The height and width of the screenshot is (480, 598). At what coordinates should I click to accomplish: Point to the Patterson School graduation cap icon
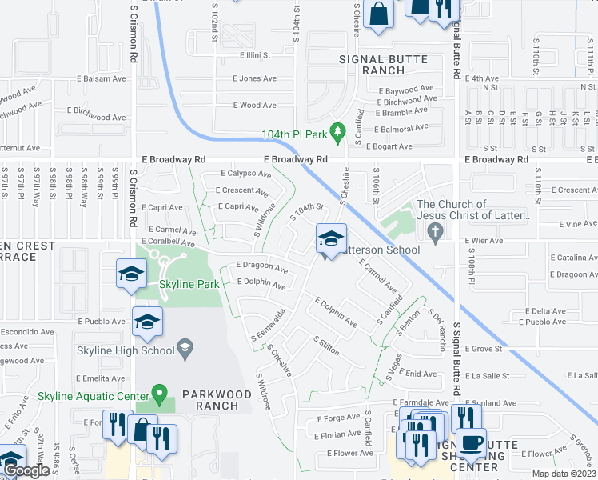pyautogui.click(x=331, y=238)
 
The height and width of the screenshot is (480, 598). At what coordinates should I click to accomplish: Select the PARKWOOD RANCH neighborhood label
pyautogui.click(x=210, y=399)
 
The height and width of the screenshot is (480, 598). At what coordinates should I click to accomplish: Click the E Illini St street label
pyautogui.click(x=256, y=56)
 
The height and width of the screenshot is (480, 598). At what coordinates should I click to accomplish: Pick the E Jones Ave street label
pyautogui.click(x=254, y=78)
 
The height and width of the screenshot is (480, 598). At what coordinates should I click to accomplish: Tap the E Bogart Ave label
pyautogui.click(x=389, y=146)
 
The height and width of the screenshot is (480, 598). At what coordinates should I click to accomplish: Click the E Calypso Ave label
pyautogui.click(x=246, y=174)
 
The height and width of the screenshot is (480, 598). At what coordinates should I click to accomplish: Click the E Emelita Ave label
pyautogui.click(x=102, y=378)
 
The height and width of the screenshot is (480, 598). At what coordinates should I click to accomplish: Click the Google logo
pyautogui.click(x=27, y=471)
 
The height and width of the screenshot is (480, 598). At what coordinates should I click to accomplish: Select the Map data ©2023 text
pyautogui.click(x=564, y=474)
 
